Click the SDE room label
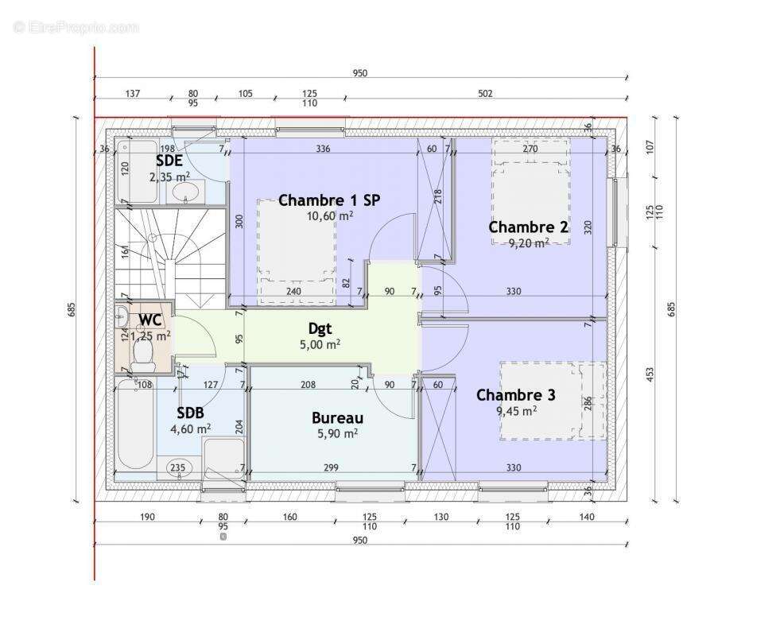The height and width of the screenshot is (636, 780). point(169,161)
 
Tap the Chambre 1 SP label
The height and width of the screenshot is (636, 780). point(329,200)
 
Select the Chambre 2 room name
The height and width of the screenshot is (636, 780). point(528,227)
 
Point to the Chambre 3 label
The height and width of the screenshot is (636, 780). point(516,395)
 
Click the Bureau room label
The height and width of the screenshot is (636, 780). point(337,418)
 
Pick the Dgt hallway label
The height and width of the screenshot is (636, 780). point(320,328)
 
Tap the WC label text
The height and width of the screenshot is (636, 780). point(150,320)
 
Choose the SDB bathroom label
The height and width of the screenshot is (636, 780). point(190,413)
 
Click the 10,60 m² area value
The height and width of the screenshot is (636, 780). point(330,215)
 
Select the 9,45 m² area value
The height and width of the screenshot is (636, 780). point(517,410)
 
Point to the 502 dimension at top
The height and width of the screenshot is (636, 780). point(485,94)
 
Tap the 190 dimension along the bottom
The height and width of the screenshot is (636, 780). point(147,518)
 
